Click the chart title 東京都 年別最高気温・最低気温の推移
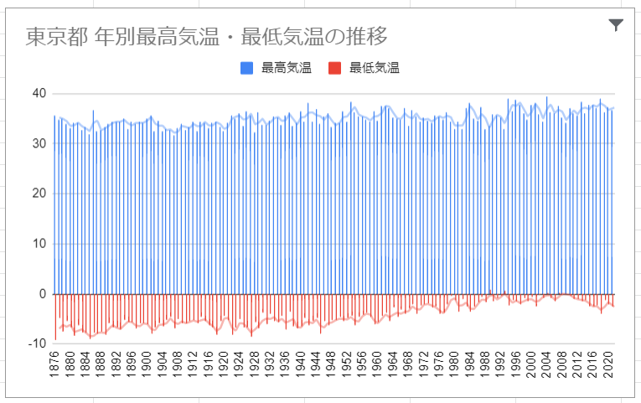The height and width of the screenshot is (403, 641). click(x=206, y=37)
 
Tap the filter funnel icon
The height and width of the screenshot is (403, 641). click(x=616, y=25)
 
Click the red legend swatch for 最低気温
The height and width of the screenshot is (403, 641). click(x=335, y=68)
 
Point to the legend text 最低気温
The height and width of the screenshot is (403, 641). click(x=375, y=68)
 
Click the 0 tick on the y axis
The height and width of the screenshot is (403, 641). click(x=39, y=294)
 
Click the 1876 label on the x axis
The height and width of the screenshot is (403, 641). click(x=54, y=365)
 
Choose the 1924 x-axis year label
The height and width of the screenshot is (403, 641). click(x=240, y=365)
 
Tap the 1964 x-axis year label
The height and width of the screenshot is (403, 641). click(x=394, y=365)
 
